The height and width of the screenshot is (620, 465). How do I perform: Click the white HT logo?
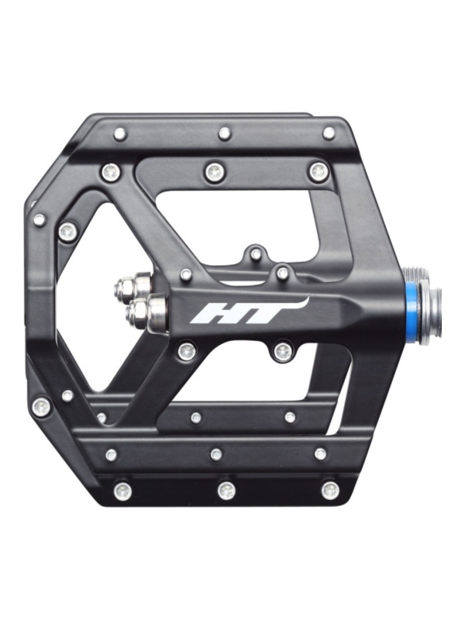point(248,311)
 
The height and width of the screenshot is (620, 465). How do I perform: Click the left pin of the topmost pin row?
point(119,134)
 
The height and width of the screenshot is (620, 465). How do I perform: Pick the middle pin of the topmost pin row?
point(224,133)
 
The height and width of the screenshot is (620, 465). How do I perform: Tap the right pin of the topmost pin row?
point(329,133)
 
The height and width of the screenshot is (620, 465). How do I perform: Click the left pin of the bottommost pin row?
point(122,491)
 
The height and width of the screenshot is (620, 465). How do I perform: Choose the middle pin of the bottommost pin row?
point(226,491)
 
